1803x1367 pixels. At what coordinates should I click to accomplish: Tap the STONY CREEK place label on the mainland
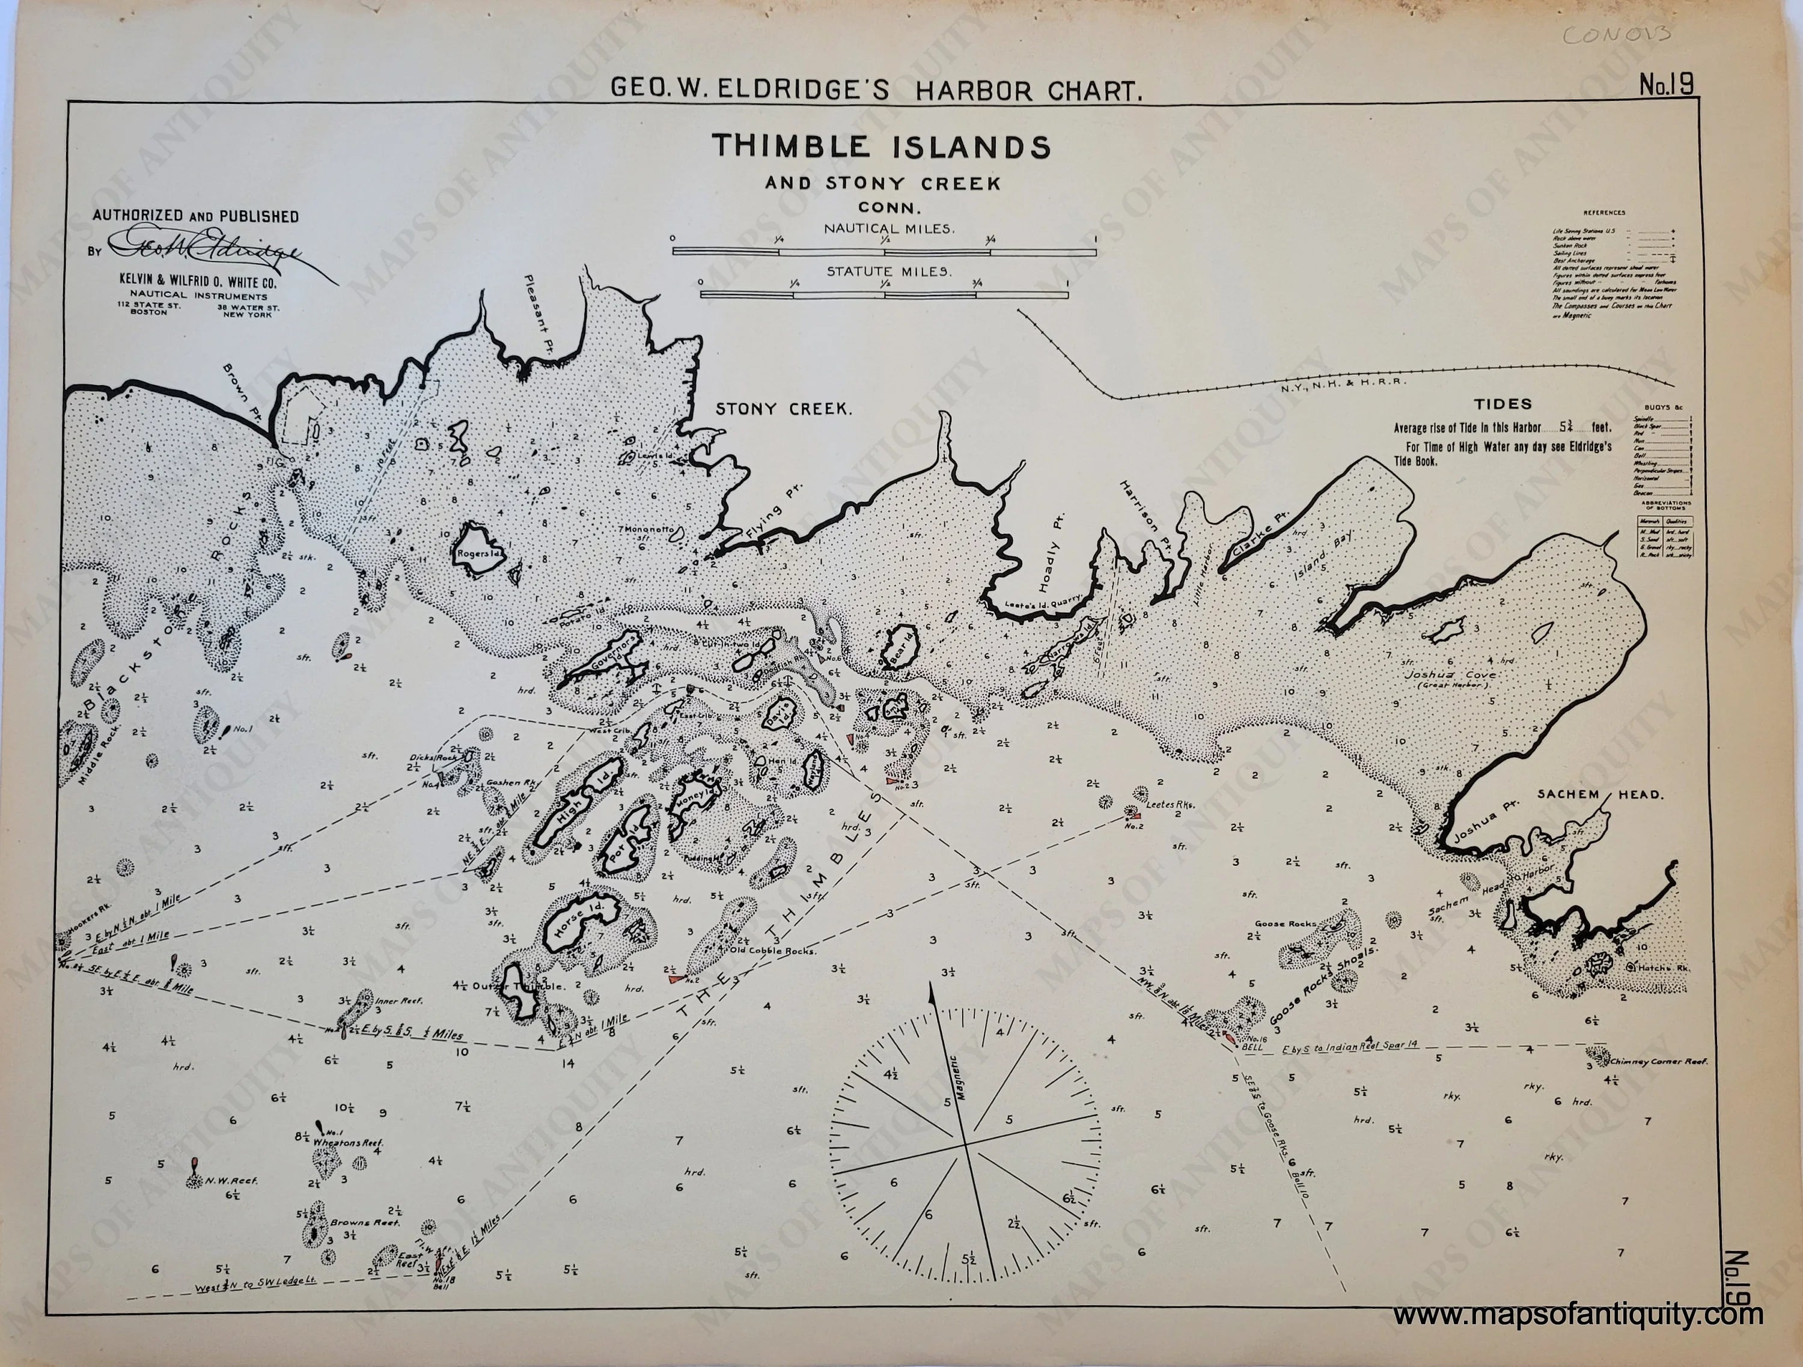click(783, 409)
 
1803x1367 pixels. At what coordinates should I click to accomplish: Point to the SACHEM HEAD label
click(1588, 794)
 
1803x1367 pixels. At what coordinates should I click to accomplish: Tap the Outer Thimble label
click(519, 986)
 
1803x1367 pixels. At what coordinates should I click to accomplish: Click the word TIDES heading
click(1503, 404)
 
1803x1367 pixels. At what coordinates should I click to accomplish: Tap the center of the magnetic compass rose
click(965, 1145)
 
